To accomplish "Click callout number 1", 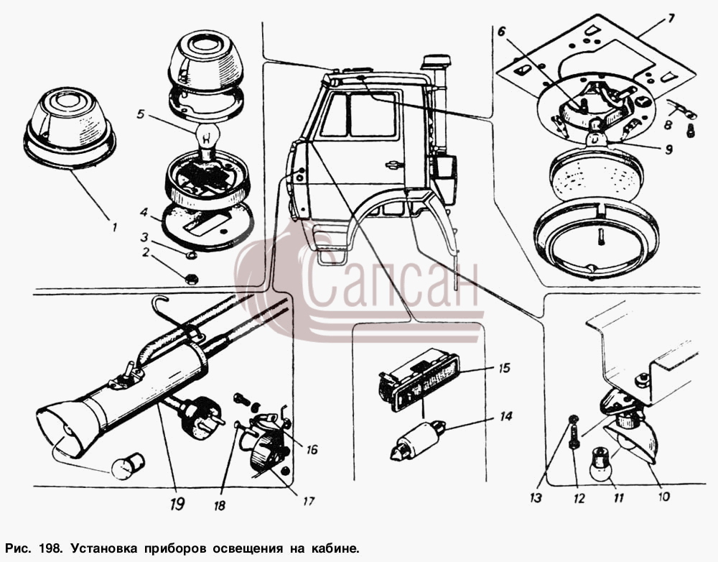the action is [114, 226].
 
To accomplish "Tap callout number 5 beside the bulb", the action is [141, 114].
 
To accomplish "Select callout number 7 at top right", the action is [671, 19].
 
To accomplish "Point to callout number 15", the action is [504, 368].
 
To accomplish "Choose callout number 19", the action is [177, 505].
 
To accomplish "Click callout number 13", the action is [536, 498].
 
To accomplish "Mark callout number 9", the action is [669, 149].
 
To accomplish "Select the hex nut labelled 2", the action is [192, 278].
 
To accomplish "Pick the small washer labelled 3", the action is [192, 254].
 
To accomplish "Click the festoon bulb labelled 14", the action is [418, 440].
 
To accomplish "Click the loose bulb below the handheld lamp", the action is [128, 466].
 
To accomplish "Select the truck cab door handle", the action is [393, 165].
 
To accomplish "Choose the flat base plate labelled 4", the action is [208, 226].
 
